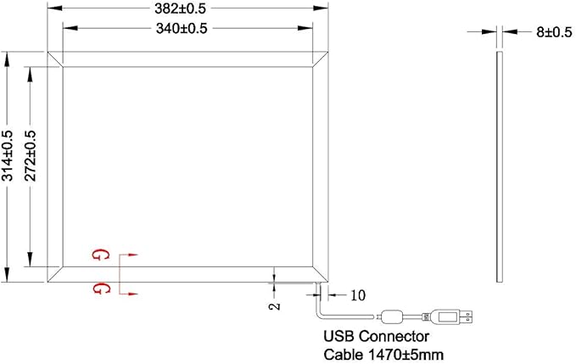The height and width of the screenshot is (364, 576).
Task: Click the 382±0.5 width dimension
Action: (x=180, y=8)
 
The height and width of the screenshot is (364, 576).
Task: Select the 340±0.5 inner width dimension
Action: (x=182, y=28)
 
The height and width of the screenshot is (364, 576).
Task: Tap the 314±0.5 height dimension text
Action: (x=8, y=156)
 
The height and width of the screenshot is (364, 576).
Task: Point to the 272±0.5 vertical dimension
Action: (x=31, y=156)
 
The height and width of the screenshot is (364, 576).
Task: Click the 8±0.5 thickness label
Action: (x=554, y=32)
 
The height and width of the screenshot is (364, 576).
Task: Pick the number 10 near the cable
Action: (x=358, y=295)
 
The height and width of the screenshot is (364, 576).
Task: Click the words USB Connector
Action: (x=376, y=336)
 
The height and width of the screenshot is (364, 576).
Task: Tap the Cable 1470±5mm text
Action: (x=383, y=355)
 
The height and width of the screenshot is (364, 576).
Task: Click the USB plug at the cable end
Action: (x=451, y=316)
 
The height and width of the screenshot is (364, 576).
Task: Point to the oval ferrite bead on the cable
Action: (x=392, y=316)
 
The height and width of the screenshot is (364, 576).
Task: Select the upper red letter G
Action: (x=100, y=255)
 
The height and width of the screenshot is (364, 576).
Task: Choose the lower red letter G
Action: (x=100, y=288)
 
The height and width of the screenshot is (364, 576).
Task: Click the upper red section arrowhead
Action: (x=132, y=255)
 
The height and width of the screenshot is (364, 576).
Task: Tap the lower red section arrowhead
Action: (x=132, y=294)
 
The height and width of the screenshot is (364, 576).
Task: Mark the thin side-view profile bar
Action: (x=500, y=167)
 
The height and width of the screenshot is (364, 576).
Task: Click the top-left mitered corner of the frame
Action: (x=55, y=59)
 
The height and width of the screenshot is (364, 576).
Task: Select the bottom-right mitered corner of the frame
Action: (x=320, y=274)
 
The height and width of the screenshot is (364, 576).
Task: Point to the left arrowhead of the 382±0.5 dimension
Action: (x=55, y=8)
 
